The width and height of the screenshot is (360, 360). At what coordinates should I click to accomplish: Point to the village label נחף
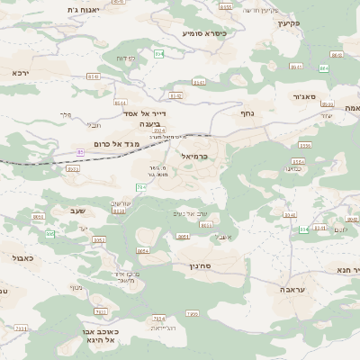tap(247, 113)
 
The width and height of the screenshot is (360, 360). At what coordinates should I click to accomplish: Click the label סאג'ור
tap(305, 95)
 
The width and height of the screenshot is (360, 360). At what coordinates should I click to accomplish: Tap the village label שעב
tap(76, 211)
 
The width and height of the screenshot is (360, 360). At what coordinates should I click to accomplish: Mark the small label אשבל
tap(224, 236)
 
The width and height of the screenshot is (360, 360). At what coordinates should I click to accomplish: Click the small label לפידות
tap(125, 58)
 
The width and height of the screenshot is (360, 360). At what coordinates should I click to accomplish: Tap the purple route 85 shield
tap(80, 152)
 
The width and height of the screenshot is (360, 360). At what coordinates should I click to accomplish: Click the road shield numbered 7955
tap(192, 313)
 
